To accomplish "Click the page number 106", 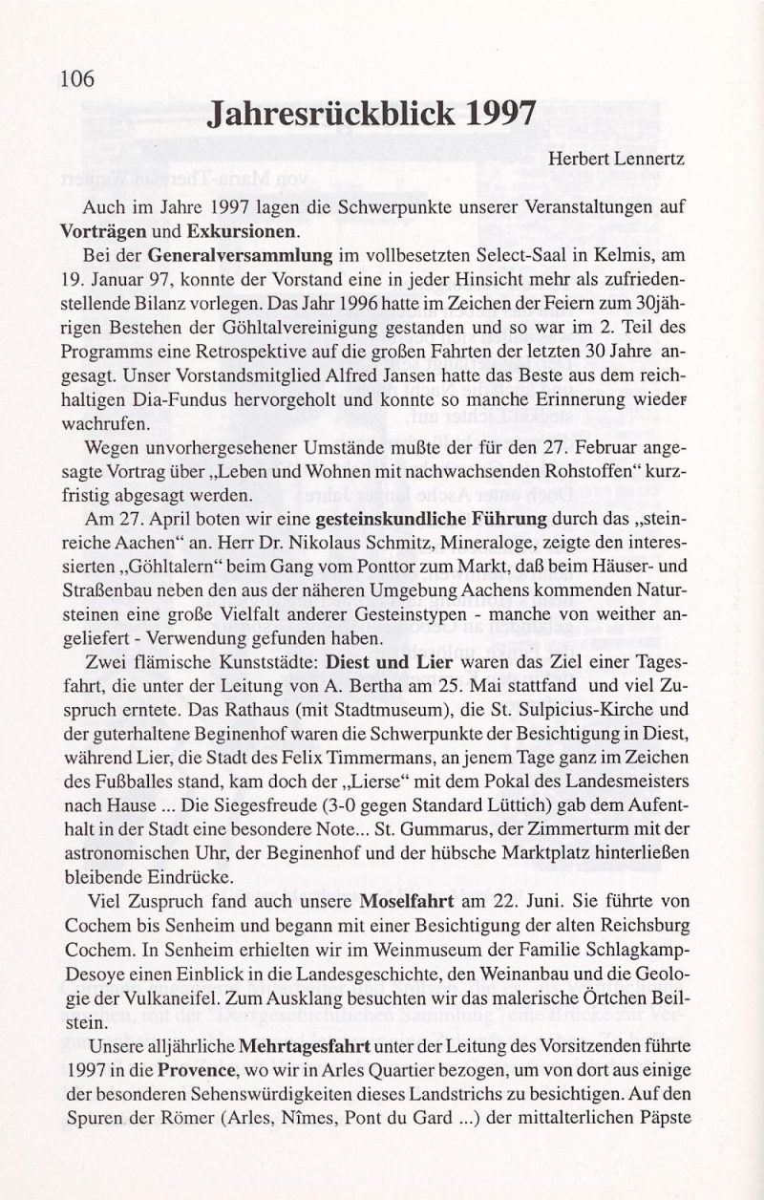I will [76, 79].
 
